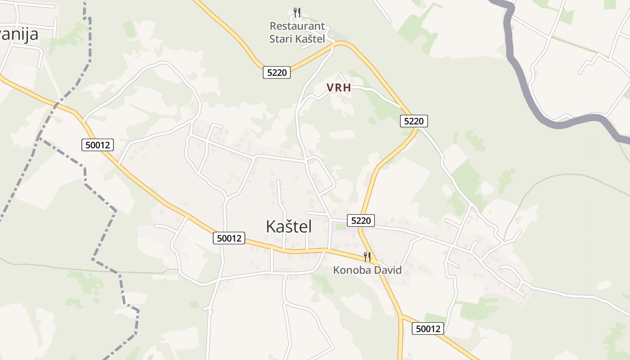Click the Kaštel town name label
288,226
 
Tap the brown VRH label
339,88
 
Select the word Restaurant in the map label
297,26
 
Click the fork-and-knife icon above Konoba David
367,257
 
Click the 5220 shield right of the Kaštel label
361,220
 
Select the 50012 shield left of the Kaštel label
229,238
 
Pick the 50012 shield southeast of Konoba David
428,328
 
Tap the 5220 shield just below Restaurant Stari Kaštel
277,72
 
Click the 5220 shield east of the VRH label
414,121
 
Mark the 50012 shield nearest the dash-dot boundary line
98,145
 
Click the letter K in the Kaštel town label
271,226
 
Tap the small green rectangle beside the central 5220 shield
341,226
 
